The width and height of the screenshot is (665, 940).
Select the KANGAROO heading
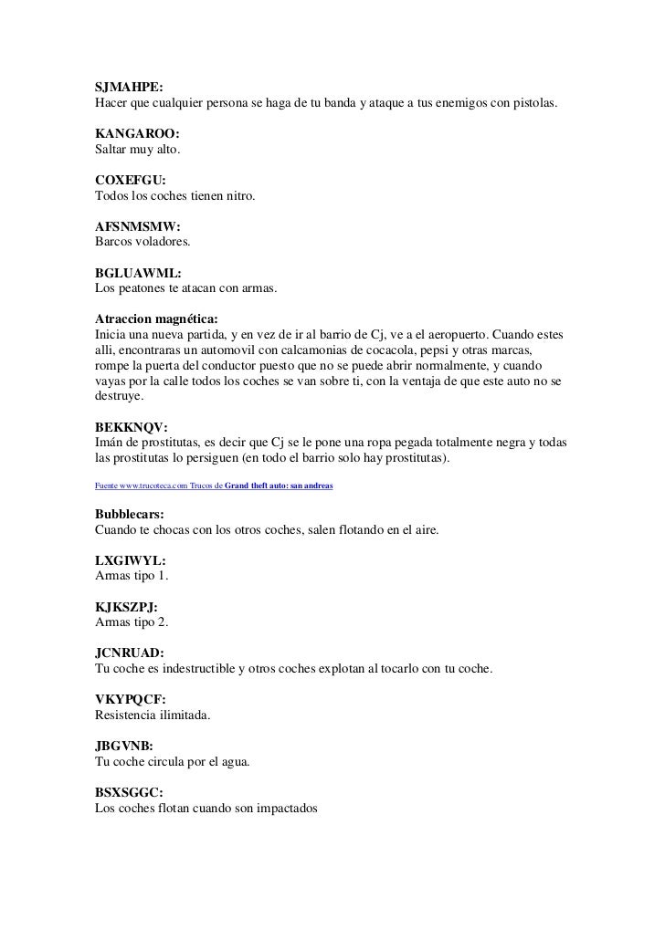tap(131, 134)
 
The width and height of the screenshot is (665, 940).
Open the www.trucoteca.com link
tap(147, 486)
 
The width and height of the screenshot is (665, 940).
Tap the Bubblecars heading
tap(130, 515)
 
